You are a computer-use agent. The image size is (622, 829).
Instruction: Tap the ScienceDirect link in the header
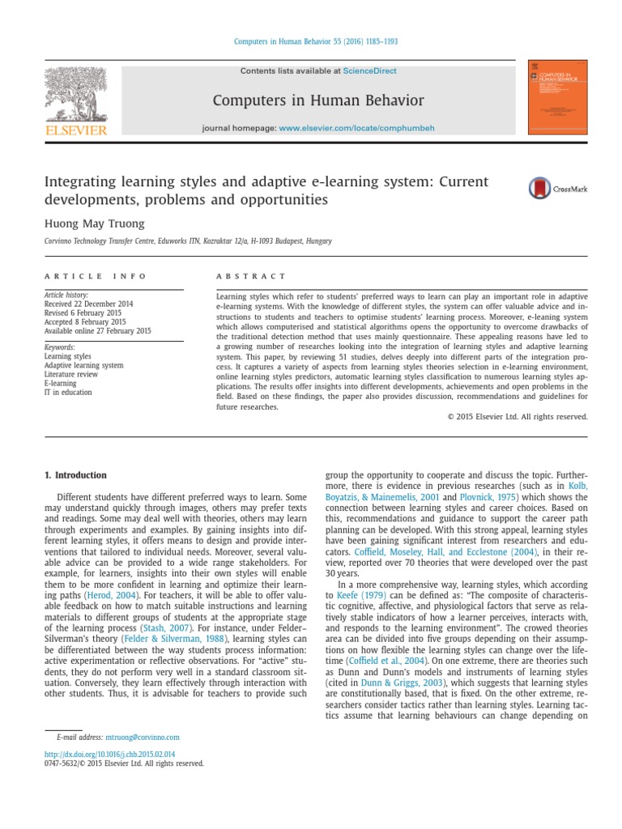point(369,71)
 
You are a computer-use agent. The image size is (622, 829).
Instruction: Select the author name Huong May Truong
point(95,223)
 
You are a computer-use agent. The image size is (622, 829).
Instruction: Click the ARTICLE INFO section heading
point(96,276)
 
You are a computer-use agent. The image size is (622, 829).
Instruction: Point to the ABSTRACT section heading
point(251,276)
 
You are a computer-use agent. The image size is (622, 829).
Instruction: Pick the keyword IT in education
point(68,392)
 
